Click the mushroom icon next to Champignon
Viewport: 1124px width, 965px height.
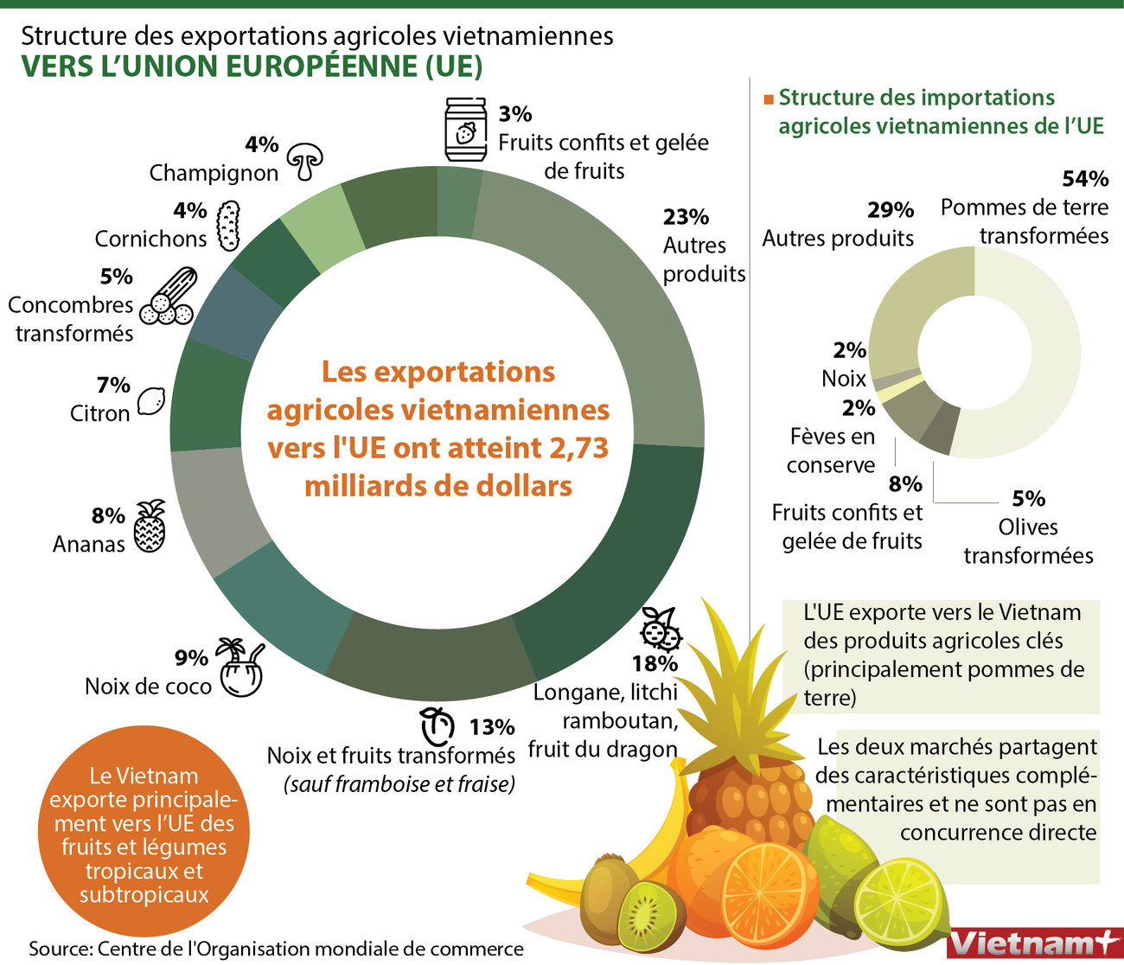tap(304, 161)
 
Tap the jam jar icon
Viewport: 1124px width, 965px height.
tap(466, 130)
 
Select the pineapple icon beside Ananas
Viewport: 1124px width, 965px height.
tap(150, 527)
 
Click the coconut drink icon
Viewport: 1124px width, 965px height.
tap(239, 668)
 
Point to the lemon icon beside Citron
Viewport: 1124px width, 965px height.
tap(151, 400)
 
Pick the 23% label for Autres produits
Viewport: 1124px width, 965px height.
tap(686, 216)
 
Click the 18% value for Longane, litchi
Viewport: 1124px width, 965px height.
tap(655, 663)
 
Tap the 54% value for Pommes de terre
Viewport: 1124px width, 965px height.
tap(1084, 179)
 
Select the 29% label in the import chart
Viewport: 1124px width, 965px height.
tap(891, 209)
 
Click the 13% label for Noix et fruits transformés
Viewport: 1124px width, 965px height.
tap(492, 727)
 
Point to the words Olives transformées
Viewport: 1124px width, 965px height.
tap(1028, 541)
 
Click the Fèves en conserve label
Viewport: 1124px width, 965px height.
tap(832, 451)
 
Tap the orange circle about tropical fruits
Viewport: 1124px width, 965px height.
tap(144, 834)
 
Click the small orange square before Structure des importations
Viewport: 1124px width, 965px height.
tap(768, 99)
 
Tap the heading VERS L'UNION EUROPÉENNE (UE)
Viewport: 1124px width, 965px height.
tap(252, 67)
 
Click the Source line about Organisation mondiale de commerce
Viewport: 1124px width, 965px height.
tap(277, 949)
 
